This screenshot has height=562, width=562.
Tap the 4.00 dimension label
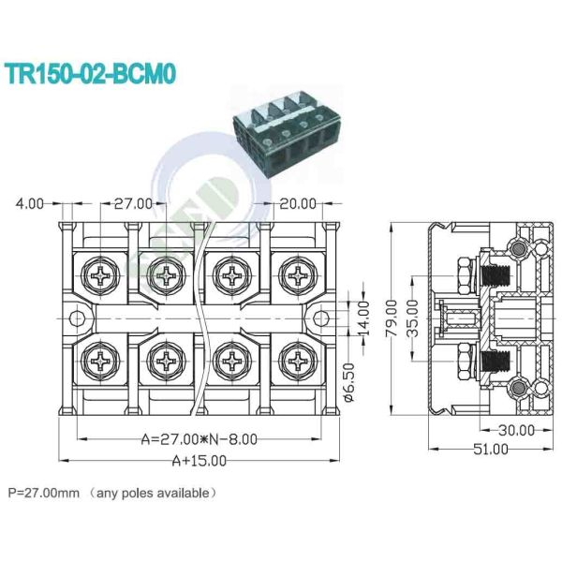click(30, 204)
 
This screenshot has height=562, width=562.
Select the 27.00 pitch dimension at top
click(133, 204)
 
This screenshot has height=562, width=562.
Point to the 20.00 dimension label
click(298, 204)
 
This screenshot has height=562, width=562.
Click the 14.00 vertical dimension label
click(363, 318)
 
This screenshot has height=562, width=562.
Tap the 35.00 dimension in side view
click(412, 318)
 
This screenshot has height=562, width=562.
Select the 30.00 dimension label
click(516, 430)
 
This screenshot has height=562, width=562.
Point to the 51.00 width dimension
click(491, 449)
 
